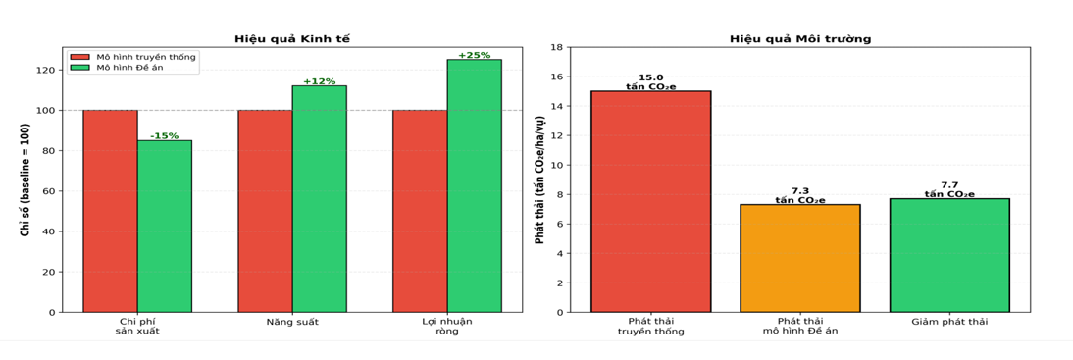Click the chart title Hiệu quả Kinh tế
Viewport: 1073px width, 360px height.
tap(292, 39)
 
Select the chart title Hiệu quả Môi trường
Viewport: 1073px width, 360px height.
tap(800, 39)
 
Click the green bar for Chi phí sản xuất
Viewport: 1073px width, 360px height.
tap(164, 226)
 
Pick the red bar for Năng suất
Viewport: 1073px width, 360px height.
tap(265, 211)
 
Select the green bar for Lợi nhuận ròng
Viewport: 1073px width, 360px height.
tap(475, 185)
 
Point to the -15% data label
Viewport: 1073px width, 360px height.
tap(164, 135)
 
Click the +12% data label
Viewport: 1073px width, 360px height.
tap(320, 81)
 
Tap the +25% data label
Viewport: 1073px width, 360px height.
tap(475, 56)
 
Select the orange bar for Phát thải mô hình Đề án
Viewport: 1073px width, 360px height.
tap(800, 258)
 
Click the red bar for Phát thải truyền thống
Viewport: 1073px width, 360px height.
tap(651, 201)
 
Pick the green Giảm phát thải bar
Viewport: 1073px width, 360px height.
tap(949, 255)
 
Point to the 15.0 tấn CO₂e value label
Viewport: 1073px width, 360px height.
tap(651, 82)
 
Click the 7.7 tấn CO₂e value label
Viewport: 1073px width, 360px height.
tap(949, 190)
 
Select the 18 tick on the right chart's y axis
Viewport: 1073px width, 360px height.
tap(556, 47)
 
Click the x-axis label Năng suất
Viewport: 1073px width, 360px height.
tap(292, 321)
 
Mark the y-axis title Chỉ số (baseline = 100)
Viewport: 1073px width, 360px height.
tap(24, 180)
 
